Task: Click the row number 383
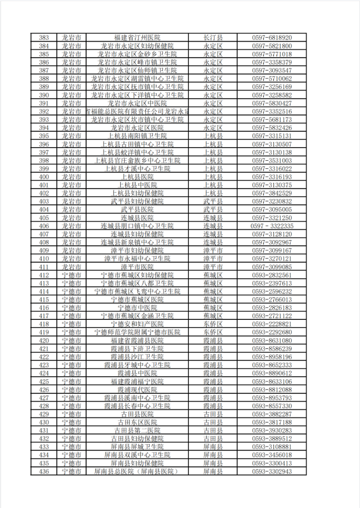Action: pyautogui.click(x=44, y=37)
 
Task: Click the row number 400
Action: pyautogui.click(x=44, y=177)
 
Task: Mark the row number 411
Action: pyautogui.click(x=44, y=267)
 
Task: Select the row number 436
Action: pyautogui.click(x=44, y=473)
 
